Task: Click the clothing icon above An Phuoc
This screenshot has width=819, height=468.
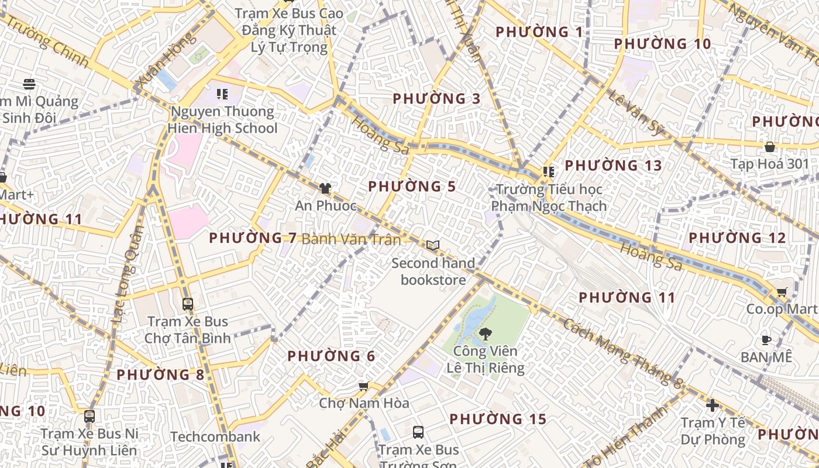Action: click(325, 188)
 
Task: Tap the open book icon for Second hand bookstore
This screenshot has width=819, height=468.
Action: click(433, 246)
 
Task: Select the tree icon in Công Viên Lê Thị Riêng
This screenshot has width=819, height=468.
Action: click(485, 334)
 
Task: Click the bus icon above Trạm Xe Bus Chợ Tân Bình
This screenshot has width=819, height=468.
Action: click(187, 304)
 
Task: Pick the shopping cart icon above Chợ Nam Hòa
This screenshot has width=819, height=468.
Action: click(363, 386)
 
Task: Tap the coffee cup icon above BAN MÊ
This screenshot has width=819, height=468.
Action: click(766, 339)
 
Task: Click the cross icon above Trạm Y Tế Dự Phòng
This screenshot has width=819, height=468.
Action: click(712, 405)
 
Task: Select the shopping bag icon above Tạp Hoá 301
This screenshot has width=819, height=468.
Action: click(769, 146)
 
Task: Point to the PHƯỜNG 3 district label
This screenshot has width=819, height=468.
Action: click(436, 99)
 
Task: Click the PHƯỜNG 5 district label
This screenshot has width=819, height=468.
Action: click(412, 187)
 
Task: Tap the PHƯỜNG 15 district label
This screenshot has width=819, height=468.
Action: click(498, 419)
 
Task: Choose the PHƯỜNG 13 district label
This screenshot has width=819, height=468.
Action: click(613, 166)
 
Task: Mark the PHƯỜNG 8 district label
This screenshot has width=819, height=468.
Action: click(160, 374)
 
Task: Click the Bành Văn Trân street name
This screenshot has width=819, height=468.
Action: click(352, 239)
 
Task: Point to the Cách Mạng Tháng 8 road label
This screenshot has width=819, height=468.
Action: click(622, 353)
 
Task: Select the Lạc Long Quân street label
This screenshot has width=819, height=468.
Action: click(128, 275)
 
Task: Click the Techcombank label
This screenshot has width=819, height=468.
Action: click(215, 436)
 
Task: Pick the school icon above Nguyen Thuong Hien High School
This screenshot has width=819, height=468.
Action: click(222, 94)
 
